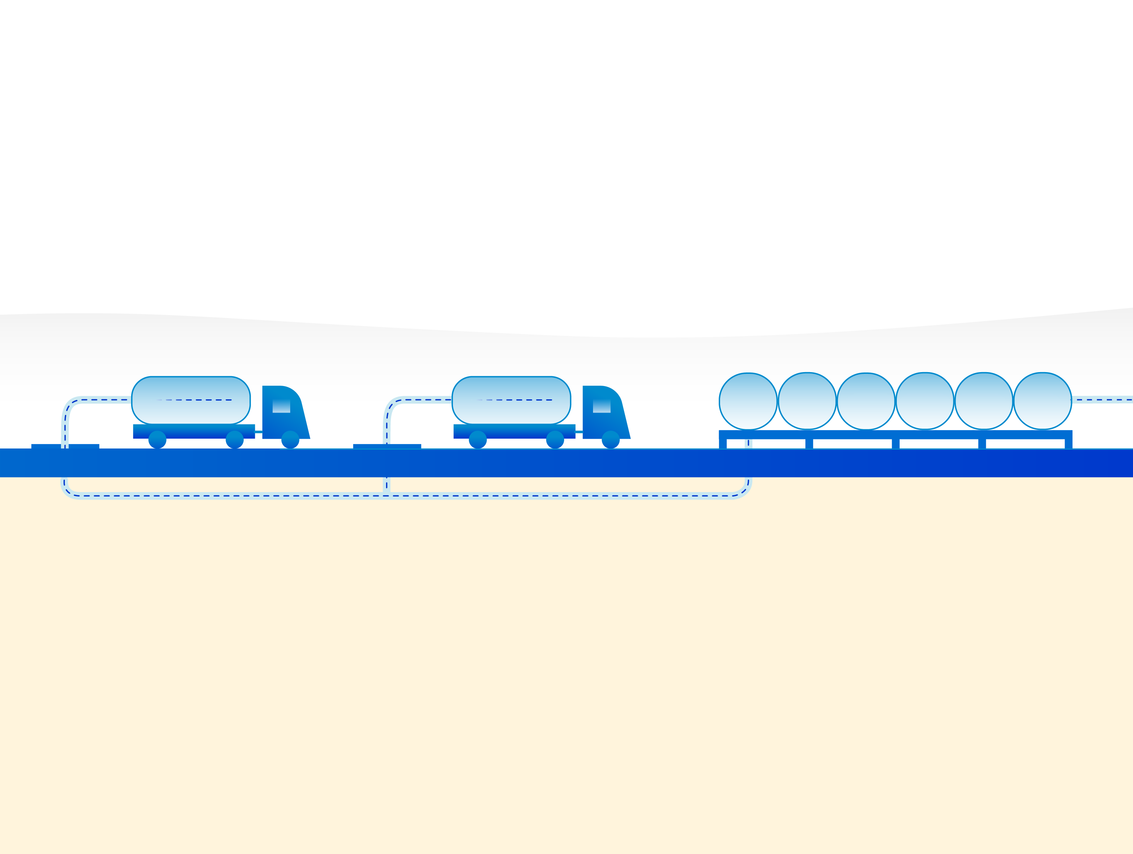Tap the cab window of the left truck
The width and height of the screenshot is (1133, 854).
tap(281, 406)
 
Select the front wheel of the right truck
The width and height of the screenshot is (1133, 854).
tap(611, 439)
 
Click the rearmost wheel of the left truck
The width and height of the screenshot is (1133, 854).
tap(157, 439)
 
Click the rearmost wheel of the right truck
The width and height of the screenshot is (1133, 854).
tap(478, 439)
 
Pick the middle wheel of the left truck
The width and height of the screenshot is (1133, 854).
tap(234, 439)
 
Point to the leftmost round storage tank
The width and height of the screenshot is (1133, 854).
tap(748, 401)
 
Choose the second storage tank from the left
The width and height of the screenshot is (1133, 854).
tap(807, 401)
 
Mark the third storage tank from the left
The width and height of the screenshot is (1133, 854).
tap(866, 401)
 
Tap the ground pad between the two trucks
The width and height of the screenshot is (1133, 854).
tap(387, 446)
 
